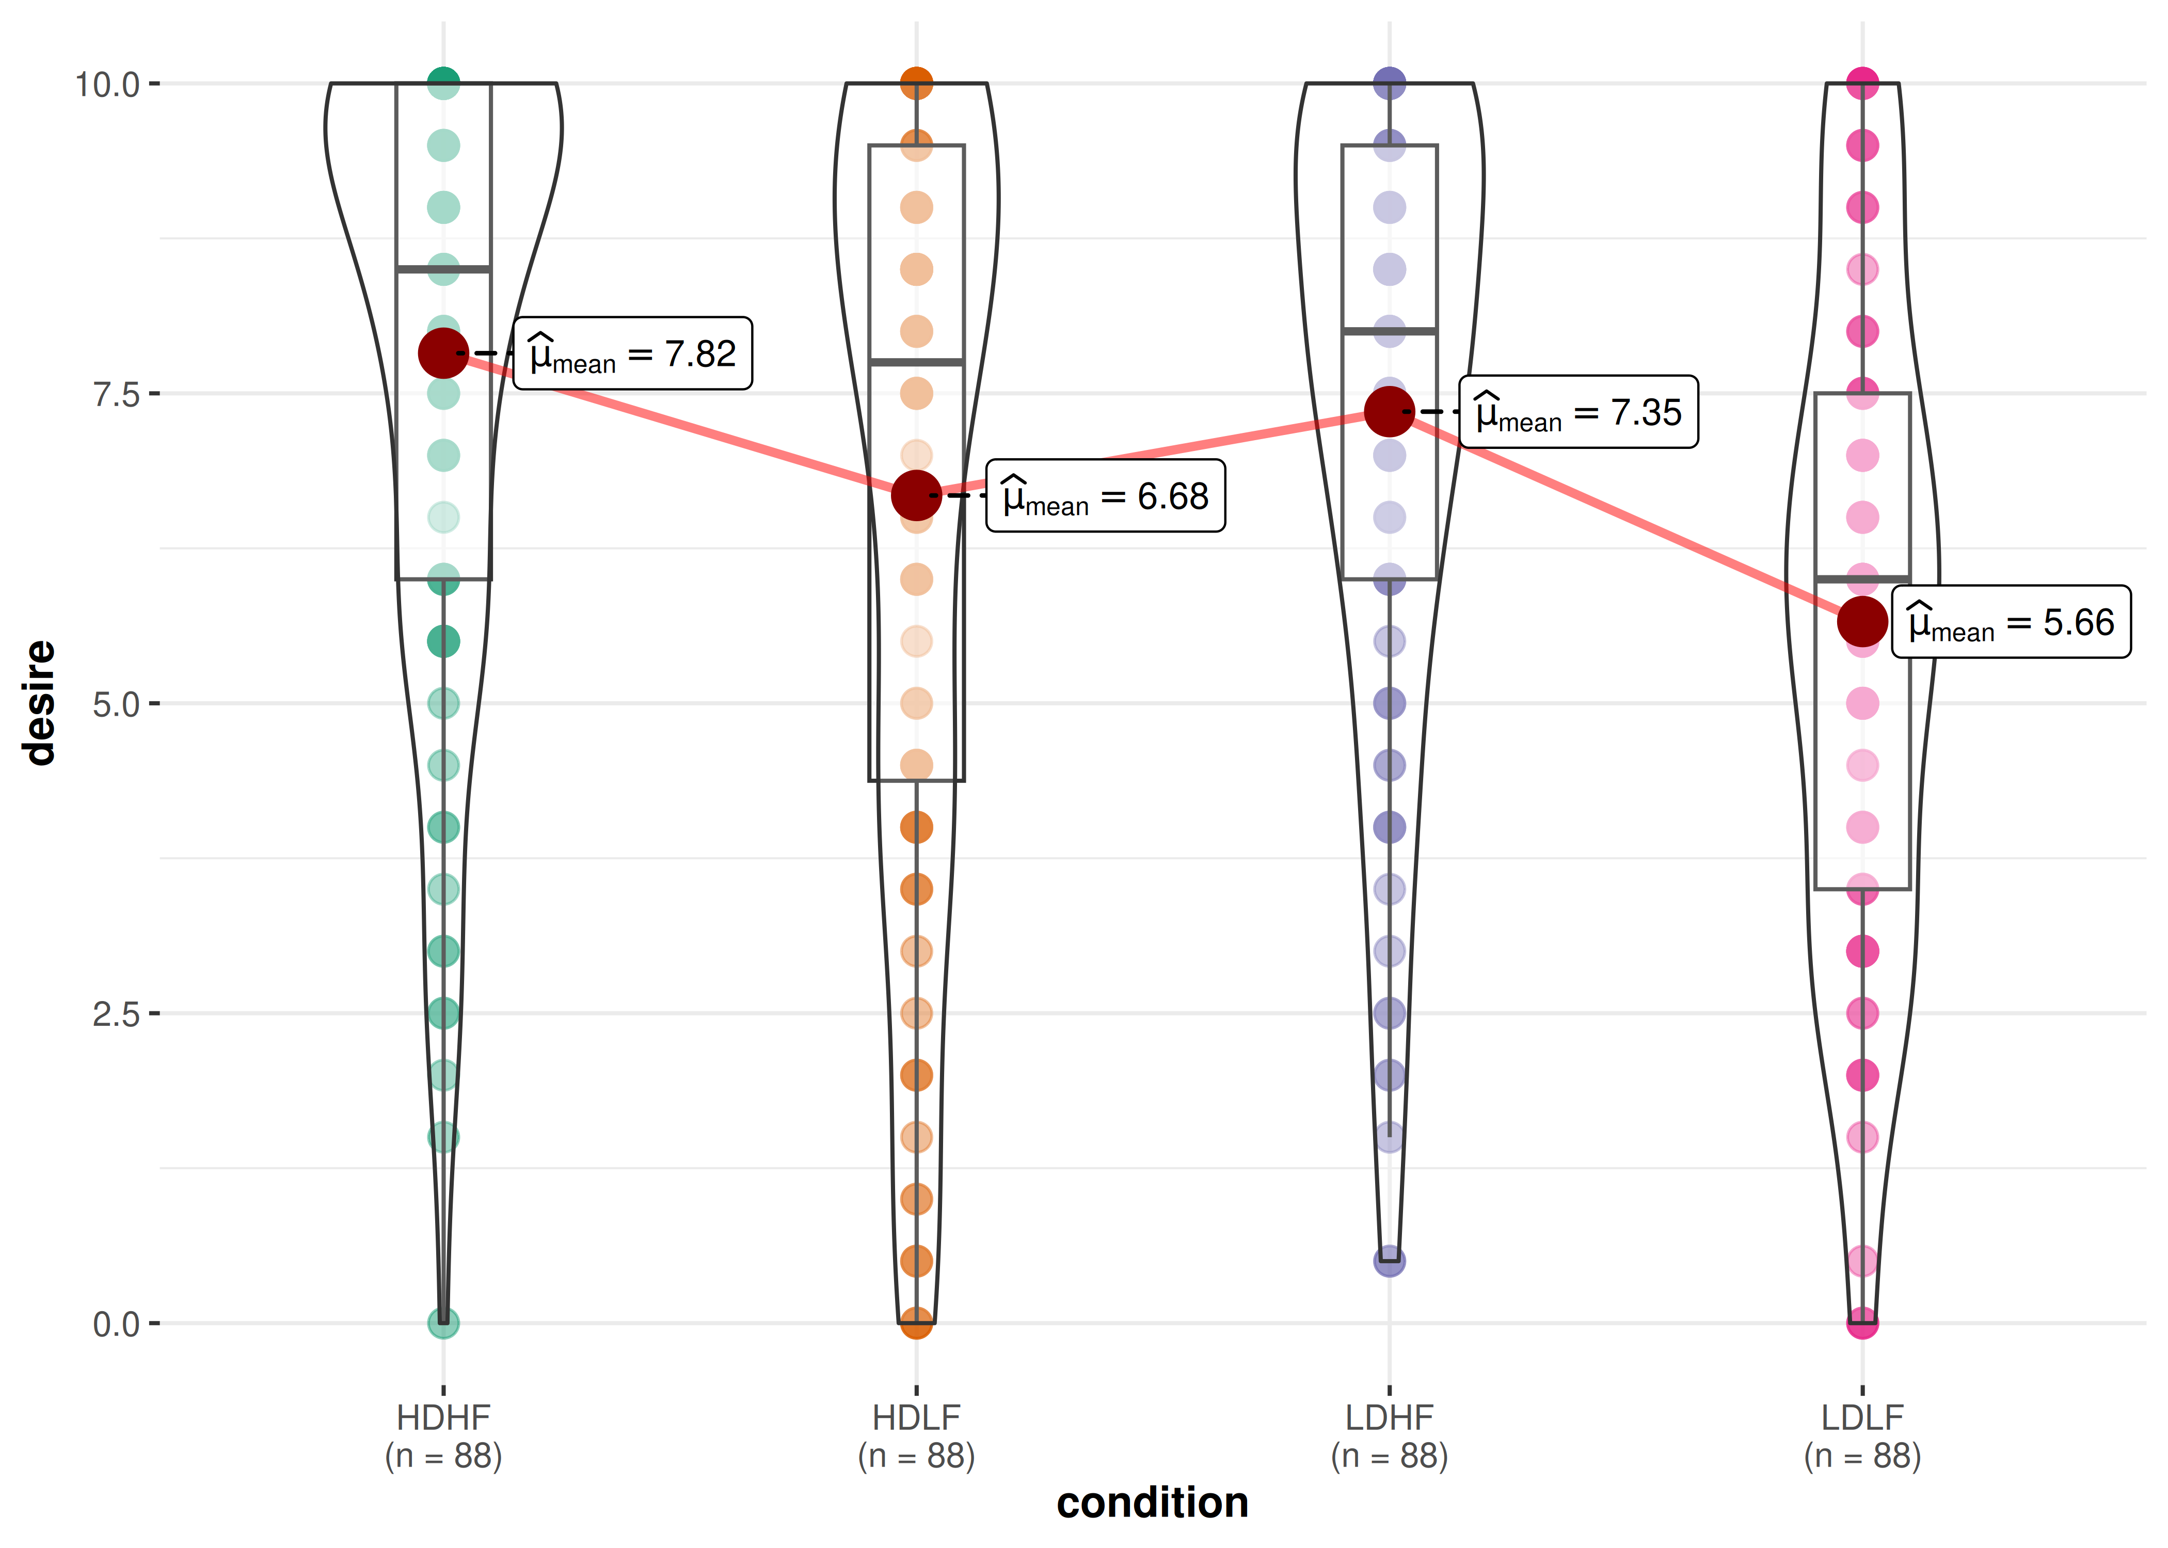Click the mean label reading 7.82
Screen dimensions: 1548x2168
click(632, 353)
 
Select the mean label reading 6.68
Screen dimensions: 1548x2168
click(1105, 496)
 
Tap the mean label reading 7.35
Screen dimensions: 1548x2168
click(1578, 412)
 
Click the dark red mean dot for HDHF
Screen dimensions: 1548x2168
click(443, 353)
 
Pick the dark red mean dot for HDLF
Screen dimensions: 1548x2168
click(916, 496)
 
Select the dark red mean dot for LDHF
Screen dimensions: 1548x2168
click(1389, 412)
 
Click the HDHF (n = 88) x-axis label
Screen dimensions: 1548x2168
click(443, 1437)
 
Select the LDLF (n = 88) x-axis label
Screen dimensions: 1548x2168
click(1862, 1437)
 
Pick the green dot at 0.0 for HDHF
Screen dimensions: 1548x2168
click(443, 1322)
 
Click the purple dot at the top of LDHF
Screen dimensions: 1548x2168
click(1389, 84)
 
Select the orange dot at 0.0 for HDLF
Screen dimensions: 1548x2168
click(916, 1322)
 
